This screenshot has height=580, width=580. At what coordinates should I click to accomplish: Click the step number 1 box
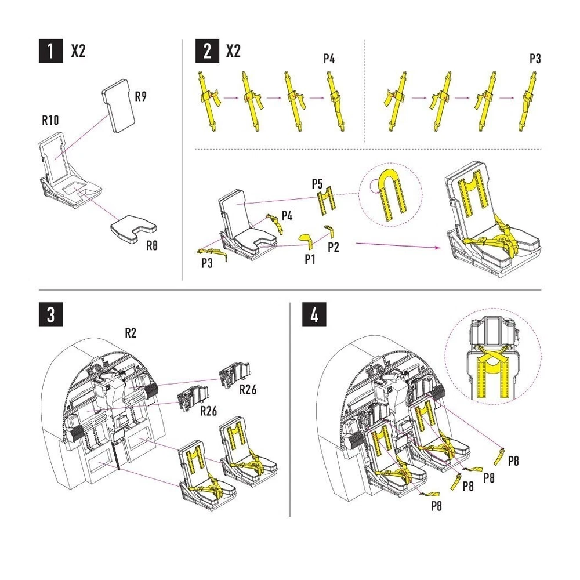[x=51, y=50]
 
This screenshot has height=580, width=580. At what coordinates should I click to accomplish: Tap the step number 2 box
[x=207, y=50]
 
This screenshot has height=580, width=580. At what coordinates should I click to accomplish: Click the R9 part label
[x=141, y=96]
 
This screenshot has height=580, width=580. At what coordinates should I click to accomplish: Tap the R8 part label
[x=152, y=245]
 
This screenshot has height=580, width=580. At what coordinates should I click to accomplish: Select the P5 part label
[x=317, y=184]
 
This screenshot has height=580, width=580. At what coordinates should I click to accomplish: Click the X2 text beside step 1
[x=78, y=51]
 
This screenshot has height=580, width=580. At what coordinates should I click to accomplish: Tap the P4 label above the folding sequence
[x=329, y=59]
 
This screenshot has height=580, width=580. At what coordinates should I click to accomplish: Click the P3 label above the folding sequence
[x=535, y=59]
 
